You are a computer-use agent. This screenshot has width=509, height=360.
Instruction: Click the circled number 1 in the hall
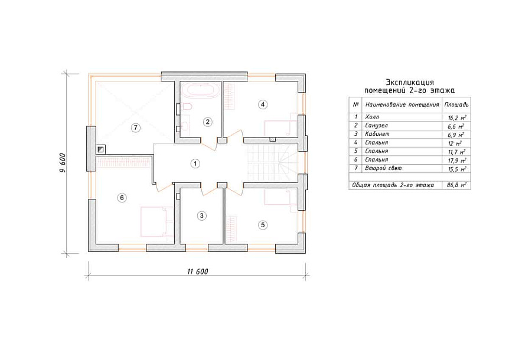tap(195, 164)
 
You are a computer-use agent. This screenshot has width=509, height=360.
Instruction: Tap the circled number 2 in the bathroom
tap(207, 122)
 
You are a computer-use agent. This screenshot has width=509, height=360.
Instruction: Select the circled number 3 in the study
tap(201, 215)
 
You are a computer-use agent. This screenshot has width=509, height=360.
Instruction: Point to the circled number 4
tap(263, 104)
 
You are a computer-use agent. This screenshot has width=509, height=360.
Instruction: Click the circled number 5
tap(263, 225)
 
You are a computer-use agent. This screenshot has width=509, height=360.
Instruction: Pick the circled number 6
tap(122, 198)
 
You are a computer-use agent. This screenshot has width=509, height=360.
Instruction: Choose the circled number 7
tap(135, 128)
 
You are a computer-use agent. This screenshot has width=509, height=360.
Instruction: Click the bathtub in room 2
tap(200, 90)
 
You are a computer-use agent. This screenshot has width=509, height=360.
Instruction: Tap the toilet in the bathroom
tap(187, 107)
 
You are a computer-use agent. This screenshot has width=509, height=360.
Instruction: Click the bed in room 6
tap(157, 222)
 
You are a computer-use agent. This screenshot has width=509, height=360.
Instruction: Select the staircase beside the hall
tap(272, 163)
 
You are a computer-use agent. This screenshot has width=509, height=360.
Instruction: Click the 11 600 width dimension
tap(197, 271)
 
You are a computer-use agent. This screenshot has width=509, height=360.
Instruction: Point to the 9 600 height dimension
tap(63, 163)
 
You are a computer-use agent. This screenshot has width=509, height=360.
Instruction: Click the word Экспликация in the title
tap(410, 83)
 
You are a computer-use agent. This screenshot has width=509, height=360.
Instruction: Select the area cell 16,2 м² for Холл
tap(456, 117)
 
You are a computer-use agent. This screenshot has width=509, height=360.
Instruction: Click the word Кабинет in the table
tap(377, 134)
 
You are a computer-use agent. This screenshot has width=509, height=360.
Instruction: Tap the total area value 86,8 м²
tap(456, 185)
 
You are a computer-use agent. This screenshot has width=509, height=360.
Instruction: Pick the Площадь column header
tap(456, 105)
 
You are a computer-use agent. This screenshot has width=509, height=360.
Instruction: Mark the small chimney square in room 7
tap(100, 149)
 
